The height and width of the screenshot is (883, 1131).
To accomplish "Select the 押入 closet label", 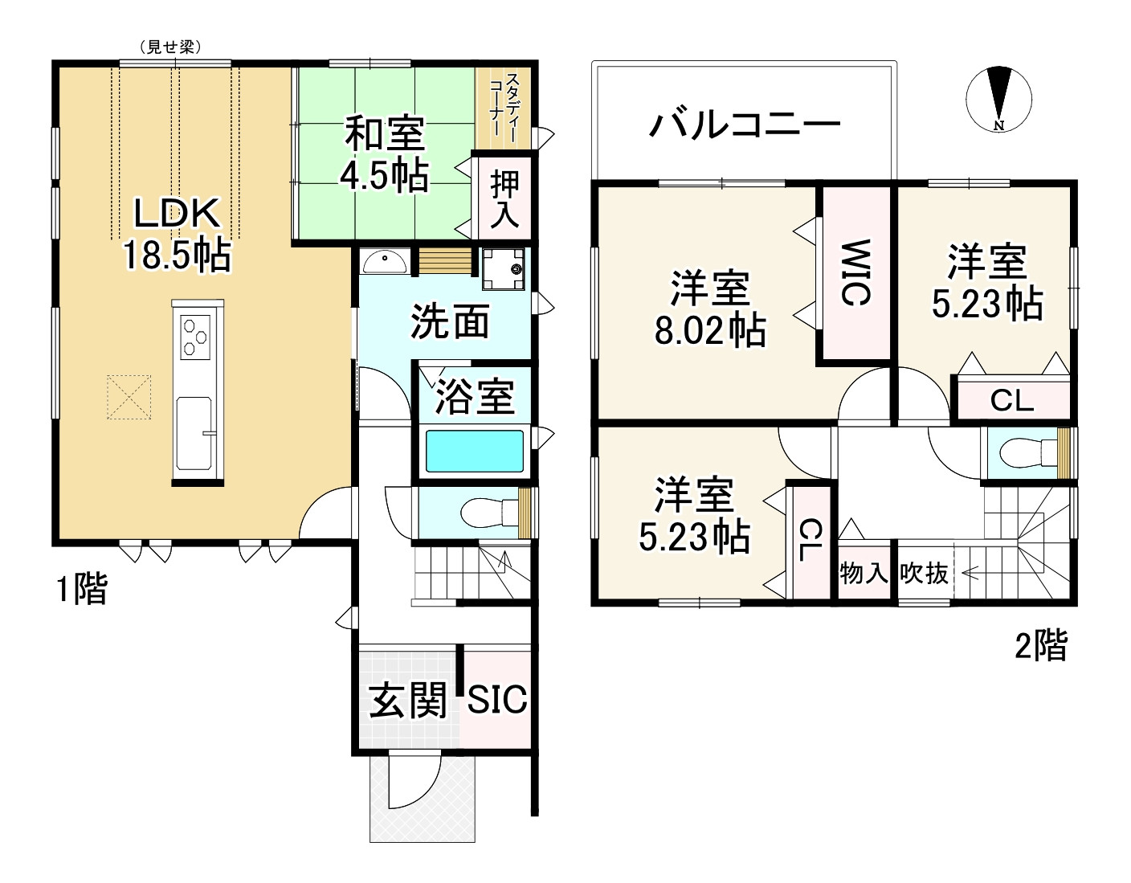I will point(504,198).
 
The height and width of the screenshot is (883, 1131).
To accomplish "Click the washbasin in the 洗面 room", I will point(384,261).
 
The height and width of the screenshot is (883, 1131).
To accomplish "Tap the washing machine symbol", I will point(503,268).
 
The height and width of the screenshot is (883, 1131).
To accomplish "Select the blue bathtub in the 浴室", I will point(474,452).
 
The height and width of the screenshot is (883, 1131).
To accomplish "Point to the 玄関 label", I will point(407,701).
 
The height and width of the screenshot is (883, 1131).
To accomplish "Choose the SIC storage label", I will point(497,700).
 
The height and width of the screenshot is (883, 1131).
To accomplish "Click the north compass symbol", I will point(998,100).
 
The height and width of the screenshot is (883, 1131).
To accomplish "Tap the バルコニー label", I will point(745,125).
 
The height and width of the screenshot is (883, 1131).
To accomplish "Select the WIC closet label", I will point(855,273).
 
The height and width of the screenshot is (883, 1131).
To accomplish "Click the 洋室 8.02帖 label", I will point(709,309).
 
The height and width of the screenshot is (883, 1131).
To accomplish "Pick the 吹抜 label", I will point(924,574).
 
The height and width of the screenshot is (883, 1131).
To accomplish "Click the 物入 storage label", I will point(864,574).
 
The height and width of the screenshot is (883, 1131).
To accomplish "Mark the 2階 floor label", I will point(1040,645).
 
